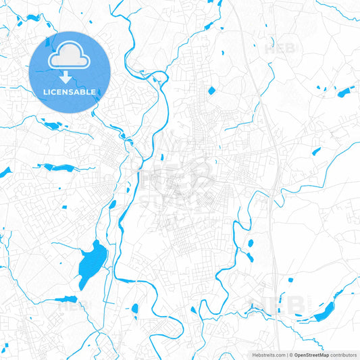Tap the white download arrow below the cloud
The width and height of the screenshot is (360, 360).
pos(70,78)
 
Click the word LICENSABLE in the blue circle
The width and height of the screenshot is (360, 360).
pos(70,91)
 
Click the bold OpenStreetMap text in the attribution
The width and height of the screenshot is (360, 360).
pos(311,355)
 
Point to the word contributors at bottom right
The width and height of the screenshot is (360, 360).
pos(344,355)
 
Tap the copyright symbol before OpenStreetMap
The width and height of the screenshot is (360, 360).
pos(290,355)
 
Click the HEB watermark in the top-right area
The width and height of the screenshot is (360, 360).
pos(280,48)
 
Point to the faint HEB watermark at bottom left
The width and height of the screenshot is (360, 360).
pos(74,305)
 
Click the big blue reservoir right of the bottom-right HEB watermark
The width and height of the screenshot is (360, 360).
pos(325,310)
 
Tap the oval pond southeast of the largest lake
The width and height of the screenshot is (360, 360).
pos(135,309)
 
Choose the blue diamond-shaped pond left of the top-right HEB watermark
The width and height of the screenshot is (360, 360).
pos(211,90)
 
